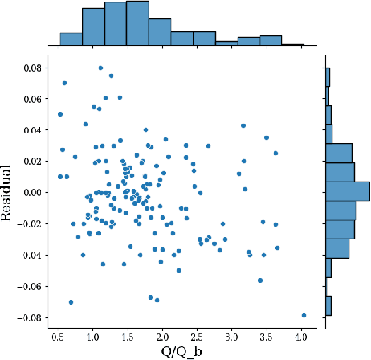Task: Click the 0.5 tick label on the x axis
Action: tap(59, 334)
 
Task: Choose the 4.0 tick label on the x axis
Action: tap(302, 334)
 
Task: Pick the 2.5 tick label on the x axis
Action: tap(198, 334)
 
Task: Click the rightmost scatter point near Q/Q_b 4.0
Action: tap(304, 315)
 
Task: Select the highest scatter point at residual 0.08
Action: tap(100, 68)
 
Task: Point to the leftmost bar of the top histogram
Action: tap(71, 38)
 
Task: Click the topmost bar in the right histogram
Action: tap(328, 76)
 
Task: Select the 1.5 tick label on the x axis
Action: tap(128, 334)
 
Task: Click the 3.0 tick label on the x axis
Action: tap(233, 334)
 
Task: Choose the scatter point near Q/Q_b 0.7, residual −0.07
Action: tap(71, 302)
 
